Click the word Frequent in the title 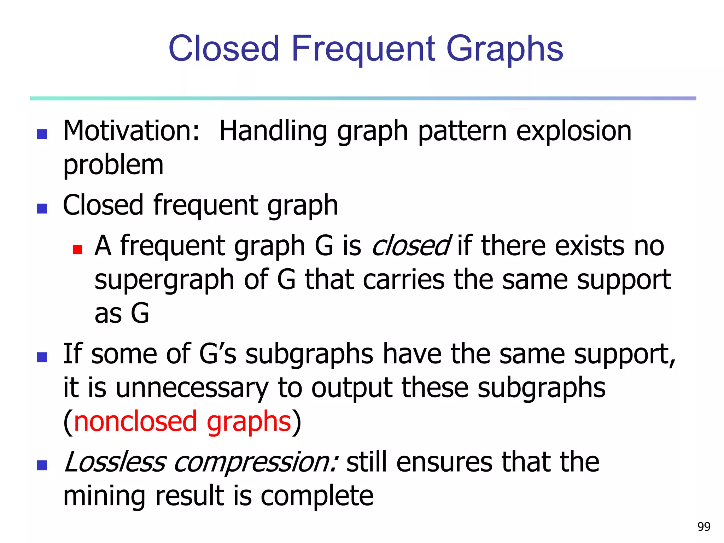[x=363, y=49]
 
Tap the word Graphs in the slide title [x=504, y=49]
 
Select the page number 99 [x=703, y=527]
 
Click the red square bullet [x=77, y=250]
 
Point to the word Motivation [x=131, y=131]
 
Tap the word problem [x=113, y=165]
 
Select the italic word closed [x=411, y=246]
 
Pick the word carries [x=403, y=279]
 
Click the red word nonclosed [x=135, y=421]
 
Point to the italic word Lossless [x=115, y=462]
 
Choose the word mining [x=104, y=496]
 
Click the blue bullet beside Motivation [x=42, y=134]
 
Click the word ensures [x=444, y=462]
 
